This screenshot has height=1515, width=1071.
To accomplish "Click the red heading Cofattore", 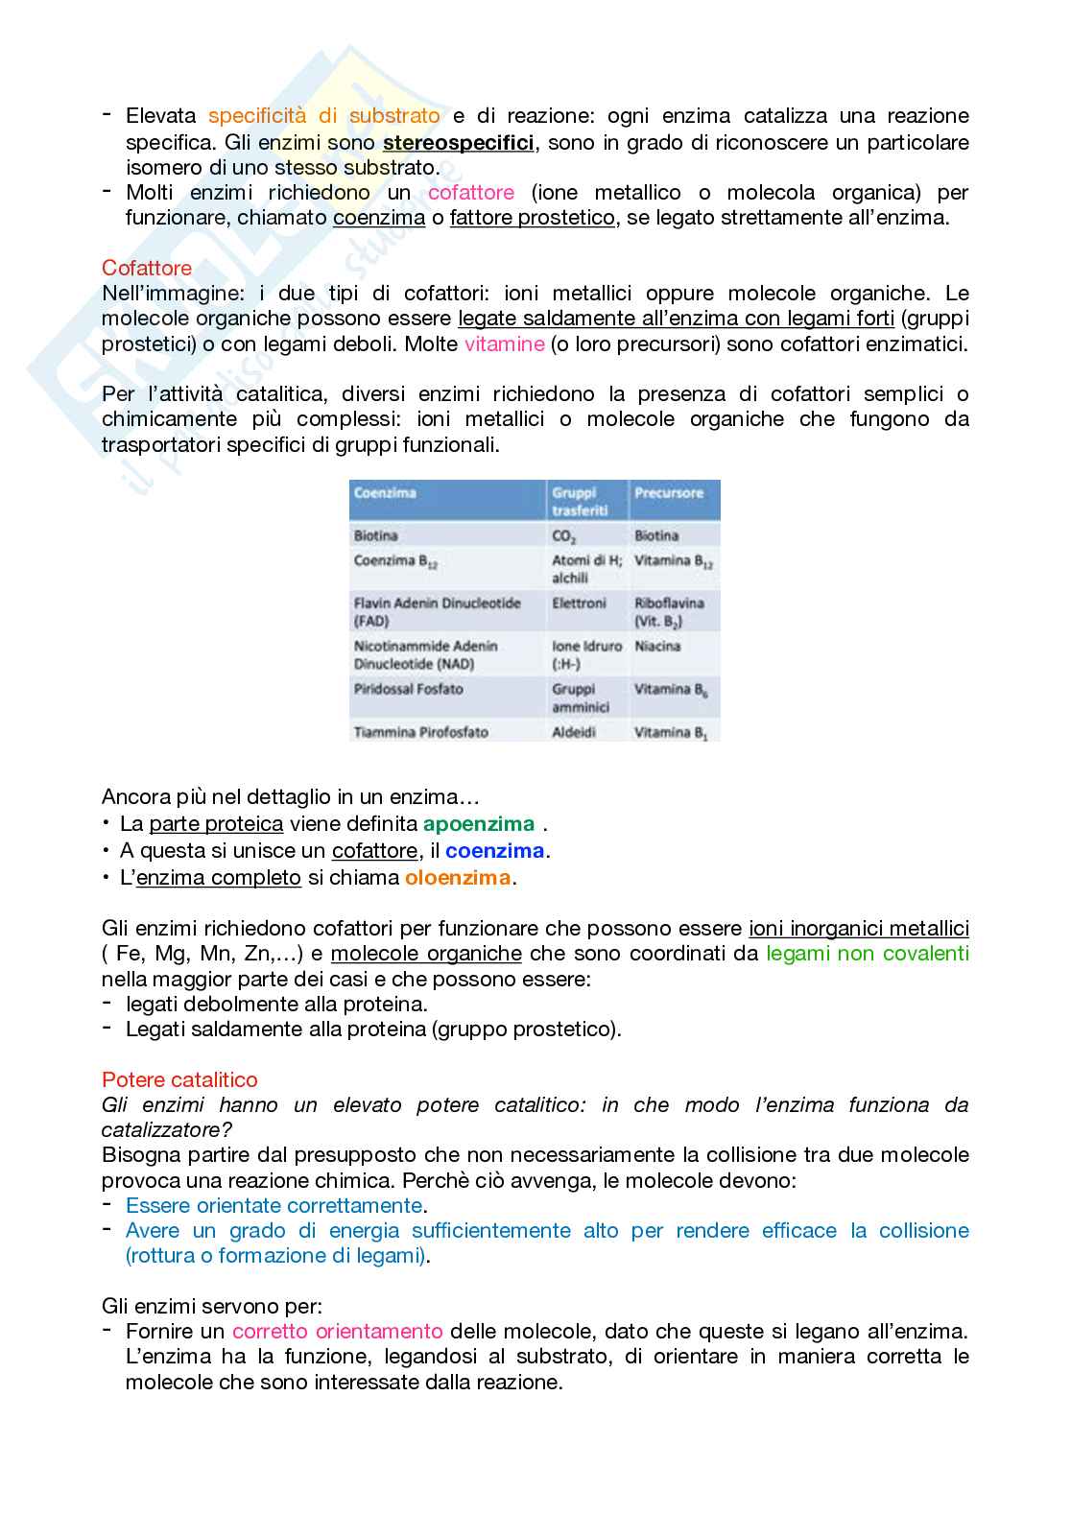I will tap(147, 268).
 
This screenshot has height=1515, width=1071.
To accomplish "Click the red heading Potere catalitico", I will tap(179, 1079).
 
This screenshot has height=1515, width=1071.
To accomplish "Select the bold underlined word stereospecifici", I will tap(458, 143).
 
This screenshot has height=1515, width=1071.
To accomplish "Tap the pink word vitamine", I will tap(504, 343).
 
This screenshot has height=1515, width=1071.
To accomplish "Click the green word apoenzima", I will tap(478, 824).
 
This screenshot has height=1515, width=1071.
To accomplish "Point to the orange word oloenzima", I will tap(457, 877).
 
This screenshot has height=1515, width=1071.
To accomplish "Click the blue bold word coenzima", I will tap(494, 851).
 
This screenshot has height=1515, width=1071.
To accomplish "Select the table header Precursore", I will tap(668, 492).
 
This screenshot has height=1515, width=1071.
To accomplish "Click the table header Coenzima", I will tap(385, 492).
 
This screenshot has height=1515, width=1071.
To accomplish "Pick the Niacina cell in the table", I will tap(656, 646).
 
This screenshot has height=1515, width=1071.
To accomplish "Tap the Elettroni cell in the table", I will tap(579, 603).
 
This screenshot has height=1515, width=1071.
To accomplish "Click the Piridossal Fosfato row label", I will tap(408, 689).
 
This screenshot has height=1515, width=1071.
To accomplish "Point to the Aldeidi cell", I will tap(573, 732).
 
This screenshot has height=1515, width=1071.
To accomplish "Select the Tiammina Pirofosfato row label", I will tap(420, 732).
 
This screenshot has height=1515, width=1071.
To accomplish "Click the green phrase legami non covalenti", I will tap(867, 953).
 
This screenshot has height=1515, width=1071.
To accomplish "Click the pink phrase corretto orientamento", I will tap(337, 1331).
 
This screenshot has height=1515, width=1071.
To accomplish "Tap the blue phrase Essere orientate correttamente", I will tap(274, 1205).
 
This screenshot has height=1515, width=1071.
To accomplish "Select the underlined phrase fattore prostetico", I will tap(532, 218).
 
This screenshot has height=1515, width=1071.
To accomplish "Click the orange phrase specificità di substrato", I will tap(323, 116).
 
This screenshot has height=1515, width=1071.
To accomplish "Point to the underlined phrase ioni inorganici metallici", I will tap(858, 928).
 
